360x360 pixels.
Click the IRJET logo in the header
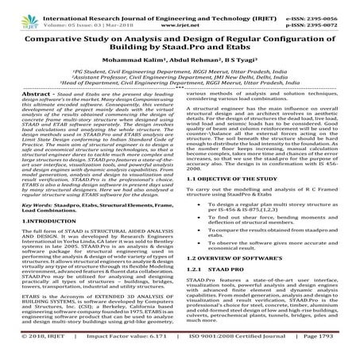pyautogui.click(x=18, y=11)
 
